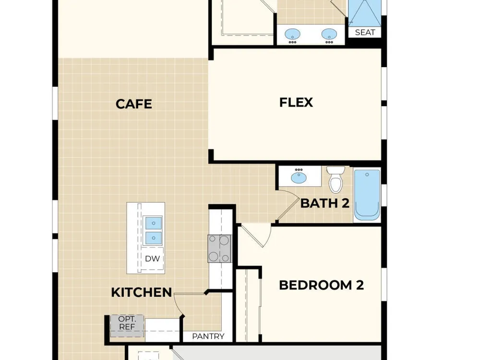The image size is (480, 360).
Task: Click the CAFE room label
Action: click(x=134, y=104)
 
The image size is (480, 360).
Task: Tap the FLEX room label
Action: click(x=296, y=102)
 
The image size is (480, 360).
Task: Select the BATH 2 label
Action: click(x=325, y=203)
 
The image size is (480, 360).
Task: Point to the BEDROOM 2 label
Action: click(x=322, y=285)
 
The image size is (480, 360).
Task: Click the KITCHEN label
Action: click(x=142, y=292)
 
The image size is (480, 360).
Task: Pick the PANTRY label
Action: click(x=208, y=336)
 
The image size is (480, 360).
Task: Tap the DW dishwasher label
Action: click(x=153, y=259)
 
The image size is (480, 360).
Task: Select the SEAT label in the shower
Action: click(x=365, y=32)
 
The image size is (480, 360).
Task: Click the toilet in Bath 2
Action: click(x=336, y=180)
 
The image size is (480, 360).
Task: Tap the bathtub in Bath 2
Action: click(x=367, y=195)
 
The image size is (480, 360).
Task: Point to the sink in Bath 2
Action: click(x=299, y=177)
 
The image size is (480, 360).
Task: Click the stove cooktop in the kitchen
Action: click(x=219, y=249)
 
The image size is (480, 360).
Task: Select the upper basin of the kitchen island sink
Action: click(x=154, y=223)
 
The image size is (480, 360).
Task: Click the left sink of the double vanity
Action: click(x=292, y=34)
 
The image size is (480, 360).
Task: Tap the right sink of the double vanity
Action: click(x=329, y=34)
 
